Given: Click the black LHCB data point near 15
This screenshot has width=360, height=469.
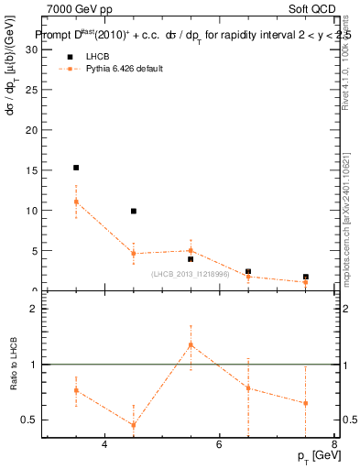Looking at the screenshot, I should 76,168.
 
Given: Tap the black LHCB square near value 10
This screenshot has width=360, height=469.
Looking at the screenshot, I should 134,211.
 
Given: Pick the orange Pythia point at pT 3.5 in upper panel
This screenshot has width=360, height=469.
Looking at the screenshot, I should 76,202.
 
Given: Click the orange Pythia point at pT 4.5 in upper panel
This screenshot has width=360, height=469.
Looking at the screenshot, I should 134,254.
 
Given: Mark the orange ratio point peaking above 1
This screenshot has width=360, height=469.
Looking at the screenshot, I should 191,344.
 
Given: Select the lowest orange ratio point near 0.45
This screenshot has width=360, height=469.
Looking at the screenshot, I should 134,425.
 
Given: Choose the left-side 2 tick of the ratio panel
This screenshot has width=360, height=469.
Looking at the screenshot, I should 33,310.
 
